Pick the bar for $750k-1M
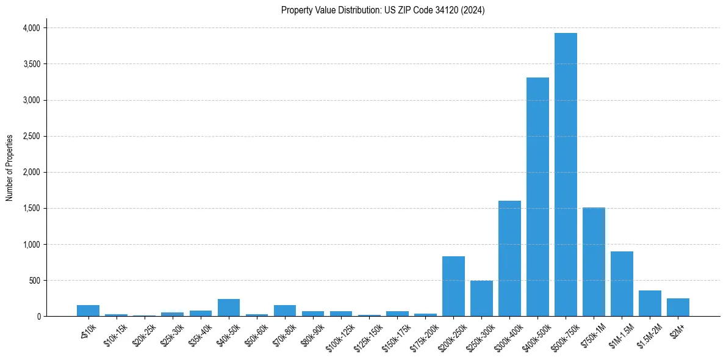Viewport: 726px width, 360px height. point(594,262)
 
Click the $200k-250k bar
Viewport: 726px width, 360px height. point(453,286)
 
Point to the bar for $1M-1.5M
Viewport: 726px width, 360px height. point(622,284)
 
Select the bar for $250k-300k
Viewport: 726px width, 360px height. point(481,298)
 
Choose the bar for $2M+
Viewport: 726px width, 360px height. point(678,308)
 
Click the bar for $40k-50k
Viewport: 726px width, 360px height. point(229,308)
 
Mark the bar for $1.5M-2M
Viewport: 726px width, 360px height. point(650,303)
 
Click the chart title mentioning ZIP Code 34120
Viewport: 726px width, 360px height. point(383,10)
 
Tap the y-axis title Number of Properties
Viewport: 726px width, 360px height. point(10,167)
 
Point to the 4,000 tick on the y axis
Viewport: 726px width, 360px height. point(31,28)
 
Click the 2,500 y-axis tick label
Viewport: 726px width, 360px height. point(31,137)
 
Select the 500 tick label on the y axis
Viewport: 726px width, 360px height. point(35,281)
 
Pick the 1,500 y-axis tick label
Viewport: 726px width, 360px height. point(31,209)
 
